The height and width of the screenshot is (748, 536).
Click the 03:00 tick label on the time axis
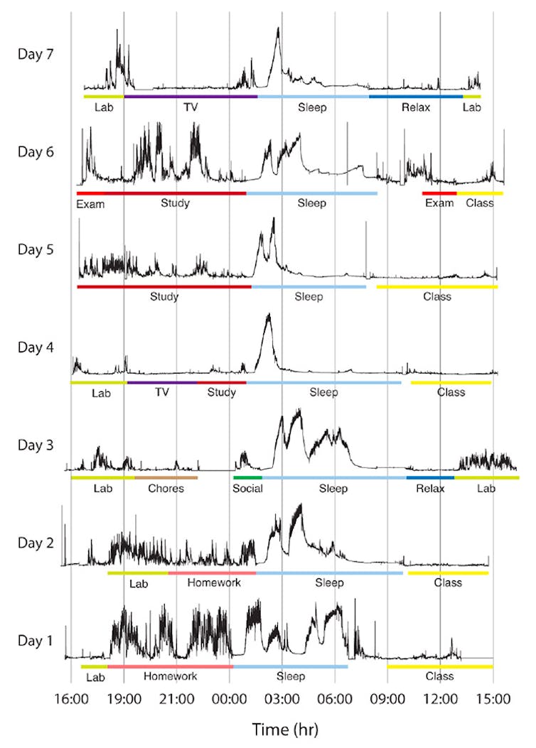pos(282,700)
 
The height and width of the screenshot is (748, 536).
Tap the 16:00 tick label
pos(71,700)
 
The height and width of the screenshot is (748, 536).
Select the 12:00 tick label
pos(440,700)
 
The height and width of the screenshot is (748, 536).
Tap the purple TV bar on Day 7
pos(191,96)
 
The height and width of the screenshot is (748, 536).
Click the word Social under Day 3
pos(247,489)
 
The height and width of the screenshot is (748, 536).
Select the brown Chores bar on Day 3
pos(166,477)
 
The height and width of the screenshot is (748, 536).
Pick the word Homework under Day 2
pos(214,582)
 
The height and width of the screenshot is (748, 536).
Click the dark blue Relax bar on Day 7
pos(416,96)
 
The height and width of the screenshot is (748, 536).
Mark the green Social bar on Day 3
pos(247,477)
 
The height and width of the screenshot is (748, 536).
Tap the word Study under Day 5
pos(164,297)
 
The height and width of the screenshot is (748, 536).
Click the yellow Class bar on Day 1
pos(440,666)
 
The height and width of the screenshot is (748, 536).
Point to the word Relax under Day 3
pos(430,489)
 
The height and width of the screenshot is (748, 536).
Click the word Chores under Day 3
pos(166,489)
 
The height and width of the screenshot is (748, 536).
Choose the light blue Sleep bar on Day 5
pos(309,287)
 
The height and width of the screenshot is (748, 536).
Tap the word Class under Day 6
pos(480,203)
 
